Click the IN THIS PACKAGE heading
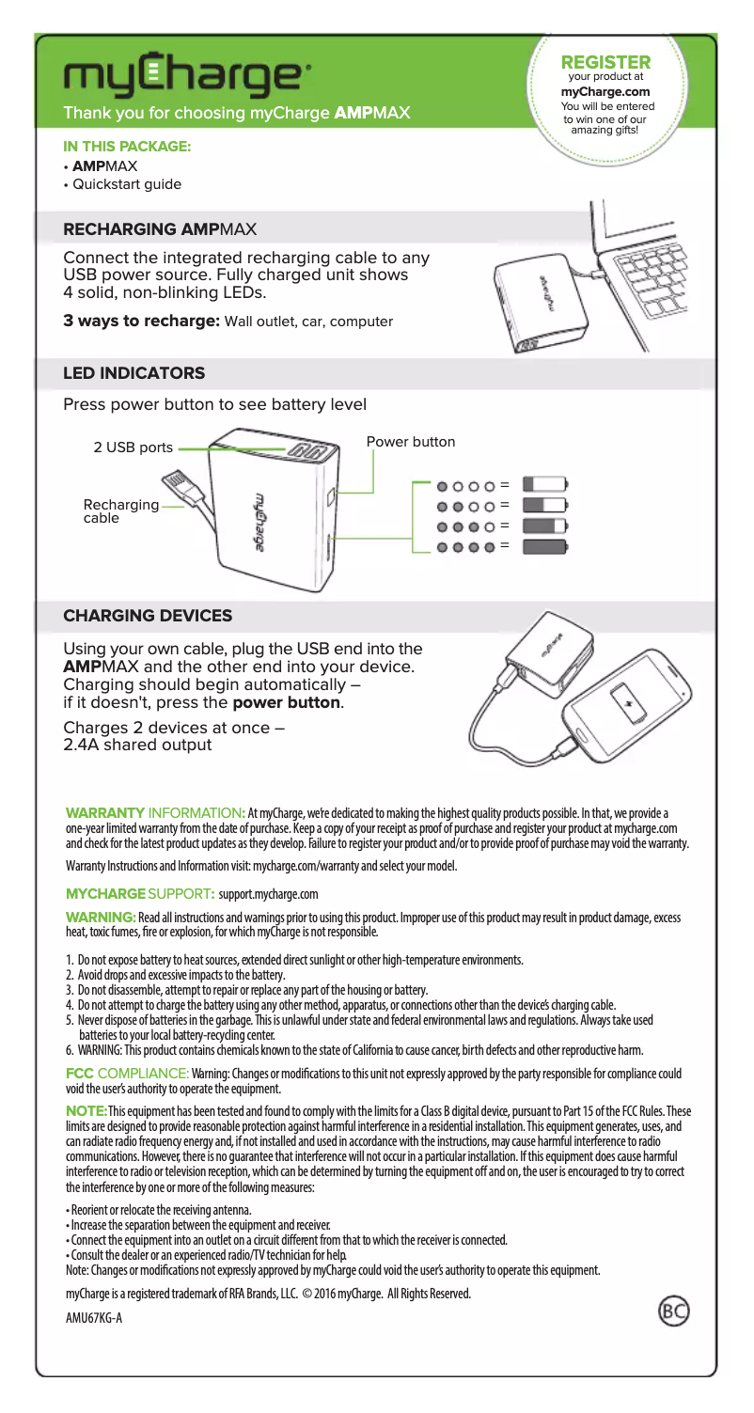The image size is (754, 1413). click(126, 147)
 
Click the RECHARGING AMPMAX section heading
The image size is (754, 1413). click(159, 228)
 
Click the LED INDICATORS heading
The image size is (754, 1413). click(133, 373)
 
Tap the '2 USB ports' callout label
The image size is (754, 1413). click(133, 447)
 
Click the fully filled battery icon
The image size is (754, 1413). click(545, 545)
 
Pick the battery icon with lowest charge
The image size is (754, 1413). click(545, 485)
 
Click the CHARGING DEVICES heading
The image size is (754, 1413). click(147, 616)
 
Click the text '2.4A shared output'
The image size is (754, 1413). click(136, 746)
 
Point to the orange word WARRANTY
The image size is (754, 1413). click(103, 812)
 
